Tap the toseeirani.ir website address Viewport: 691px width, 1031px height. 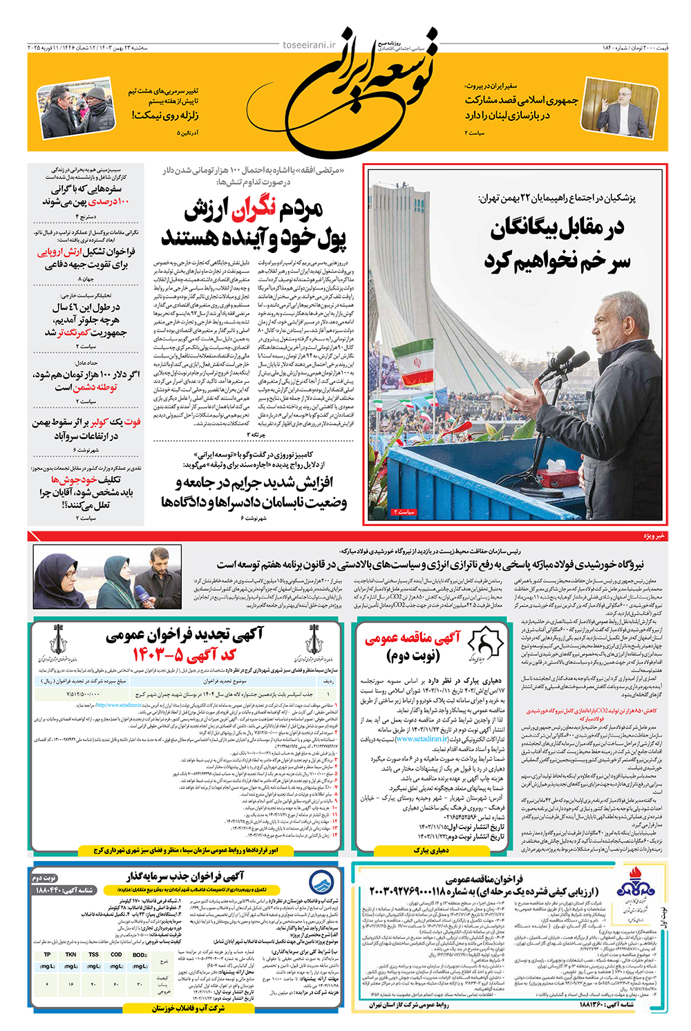[309, 46]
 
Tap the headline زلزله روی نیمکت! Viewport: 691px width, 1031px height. [165, 115]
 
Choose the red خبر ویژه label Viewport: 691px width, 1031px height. [654, 536]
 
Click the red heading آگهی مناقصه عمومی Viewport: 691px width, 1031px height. [413, 639]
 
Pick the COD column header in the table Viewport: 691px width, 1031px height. [116, 954]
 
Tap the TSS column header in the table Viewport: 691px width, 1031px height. [93, 954]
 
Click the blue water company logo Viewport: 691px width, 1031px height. [321, 881]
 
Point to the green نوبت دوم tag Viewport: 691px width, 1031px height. [45, 878]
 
